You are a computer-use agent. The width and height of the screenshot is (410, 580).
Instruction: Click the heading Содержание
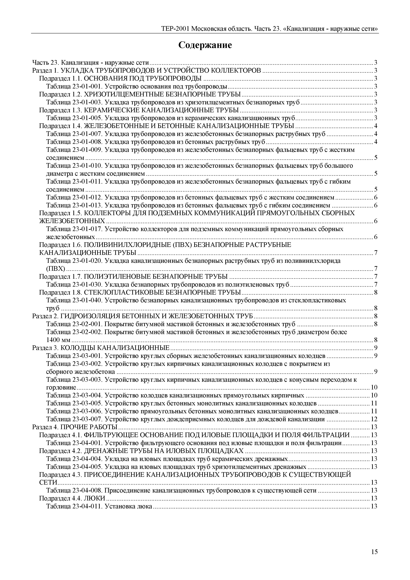(205, 45)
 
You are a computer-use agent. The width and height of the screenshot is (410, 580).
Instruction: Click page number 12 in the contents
(374, 419)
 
